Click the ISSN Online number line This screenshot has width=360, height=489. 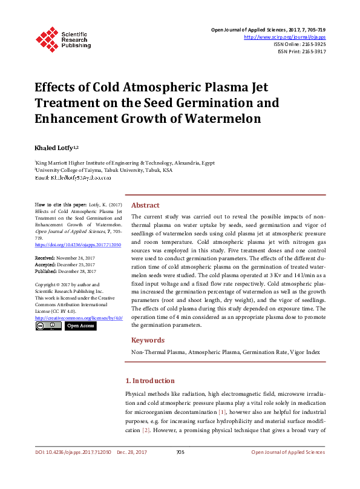[299, 44]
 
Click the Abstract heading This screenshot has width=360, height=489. [145, 205]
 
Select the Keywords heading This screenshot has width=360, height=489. [148, 340]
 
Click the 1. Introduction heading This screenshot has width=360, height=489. [149, 381]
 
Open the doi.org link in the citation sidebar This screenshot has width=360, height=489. [78, 244]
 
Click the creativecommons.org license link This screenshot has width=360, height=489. [79, 318]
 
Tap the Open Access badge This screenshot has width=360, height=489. [80, 326]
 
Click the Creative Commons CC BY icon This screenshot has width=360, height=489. [48, 326]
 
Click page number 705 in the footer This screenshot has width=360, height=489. [180, 452]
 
